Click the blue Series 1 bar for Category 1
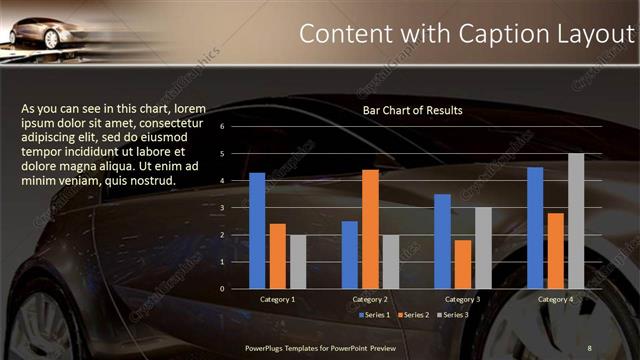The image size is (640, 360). [257, 230]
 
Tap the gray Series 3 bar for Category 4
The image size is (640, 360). [576, 220]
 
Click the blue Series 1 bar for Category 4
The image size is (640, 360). [535, 227]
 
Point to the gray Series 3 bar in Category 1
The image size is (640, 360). [297, 261]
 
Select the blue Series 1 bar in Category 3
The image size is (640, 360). [442, 241]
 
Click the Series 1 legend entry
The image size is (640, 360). [375, 315]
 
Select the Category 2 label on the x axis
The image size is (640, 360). [370, 299]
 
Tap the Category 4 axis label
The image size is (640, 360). [555, 299]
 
